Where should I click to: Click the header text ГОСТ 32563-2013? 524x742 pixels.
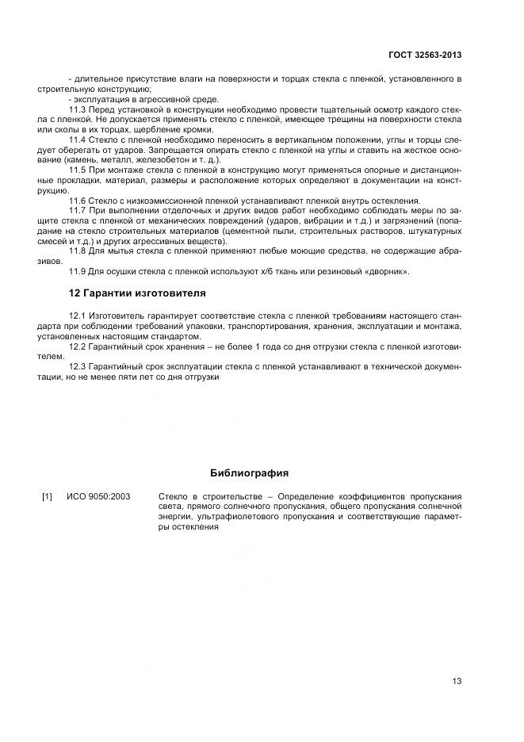click(424, 55)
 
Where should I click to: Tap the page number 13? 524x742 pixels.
click(457, 680)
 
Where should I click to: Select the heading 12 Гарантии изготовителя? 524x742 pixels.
click(137, 293)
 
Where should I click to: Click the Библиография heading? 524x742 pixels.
click(249, 473)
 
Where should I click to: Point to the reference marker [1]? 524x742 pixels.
click(47, 496)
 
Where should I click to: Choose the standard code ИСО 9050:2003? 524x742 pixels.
click(99, 496)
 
